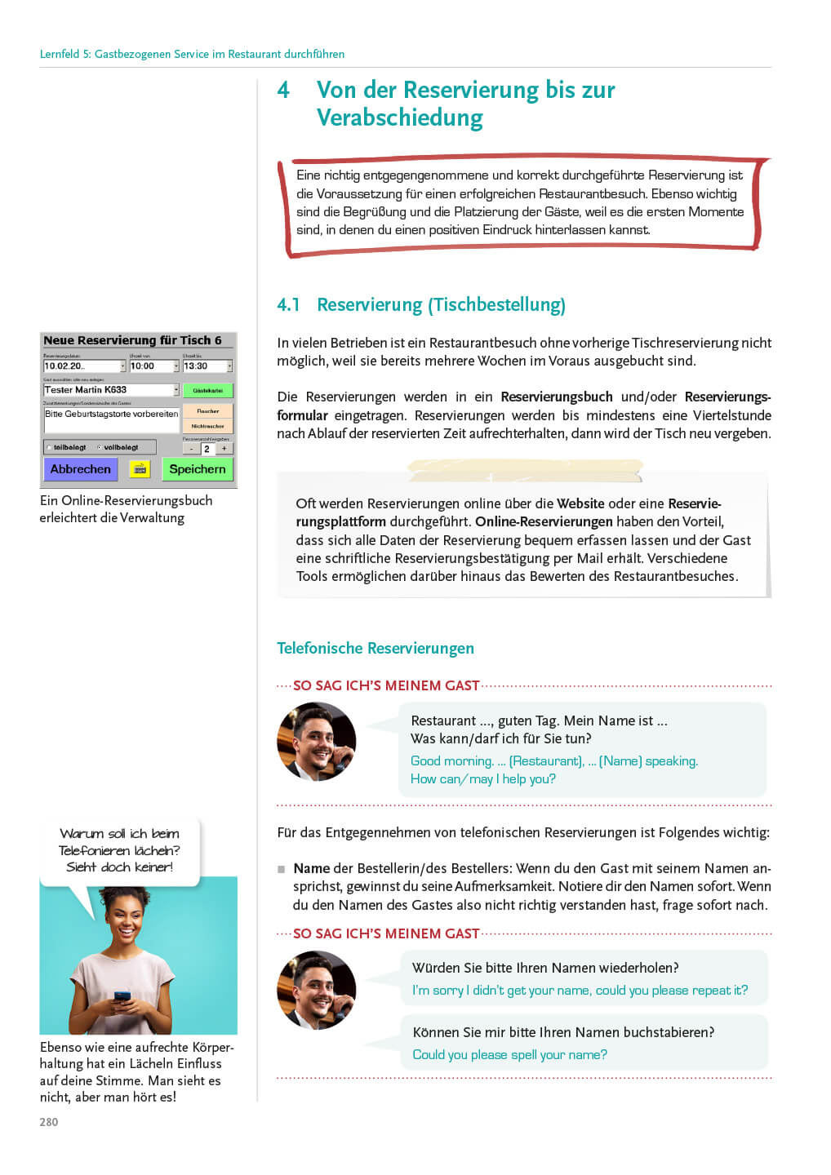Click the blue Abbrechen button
click(80, 469)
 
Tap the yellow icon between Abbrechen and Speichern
click(140, 469)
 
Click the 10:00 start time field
click(153, 366)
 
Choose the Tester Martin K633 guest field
click(109, 390)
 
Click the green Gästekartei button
click(207, 391)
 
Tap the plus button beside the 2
click(224, 449)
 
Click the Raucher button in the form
click(207, 411)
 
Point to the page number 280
click(49, 1122)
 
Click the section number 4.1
click(288, 305)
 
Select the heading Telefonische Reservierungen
click(375, 648)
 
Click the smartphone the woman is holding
click(122, 998)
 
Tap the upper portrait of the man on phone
click(317, 742)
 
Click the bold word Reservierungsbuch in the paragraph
click(556, 397)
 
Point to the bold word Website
click(580, 503)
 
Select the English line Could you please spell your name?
click(509, 1054)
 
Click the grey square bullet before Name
click(282, 869)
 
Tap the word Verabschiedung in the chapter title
click(399, 117)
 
